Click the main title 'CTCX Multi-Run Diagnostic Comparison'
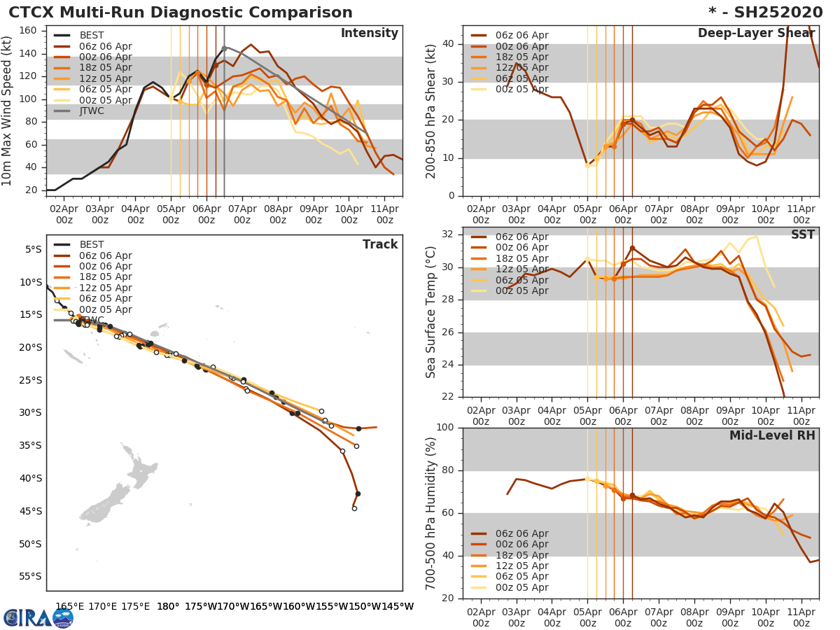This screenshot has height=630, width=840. (181, 13)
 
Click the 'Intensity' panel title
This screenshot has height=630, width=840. (369, 34)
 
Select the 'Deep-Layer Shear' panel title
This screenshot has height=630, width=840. (756, 34)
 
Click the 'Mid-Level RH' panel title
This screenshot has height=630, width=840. (772, 435)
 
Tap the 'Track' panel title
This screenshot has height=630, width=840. (380, 244)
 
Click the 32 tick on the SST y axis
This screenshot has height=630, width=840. (449, 234)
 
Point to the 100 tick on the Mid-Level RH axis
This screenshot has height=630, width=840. (444, 428)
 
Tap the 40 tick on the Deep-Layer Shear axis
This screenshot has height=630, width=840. (449, 44)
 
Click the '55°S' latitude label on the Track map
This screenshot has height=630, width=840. (29, 576)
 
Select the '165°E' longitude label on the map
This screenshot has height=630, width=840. (70, 607)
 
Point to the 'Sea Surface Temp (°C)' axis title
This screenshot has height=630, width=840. (431, 312)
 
